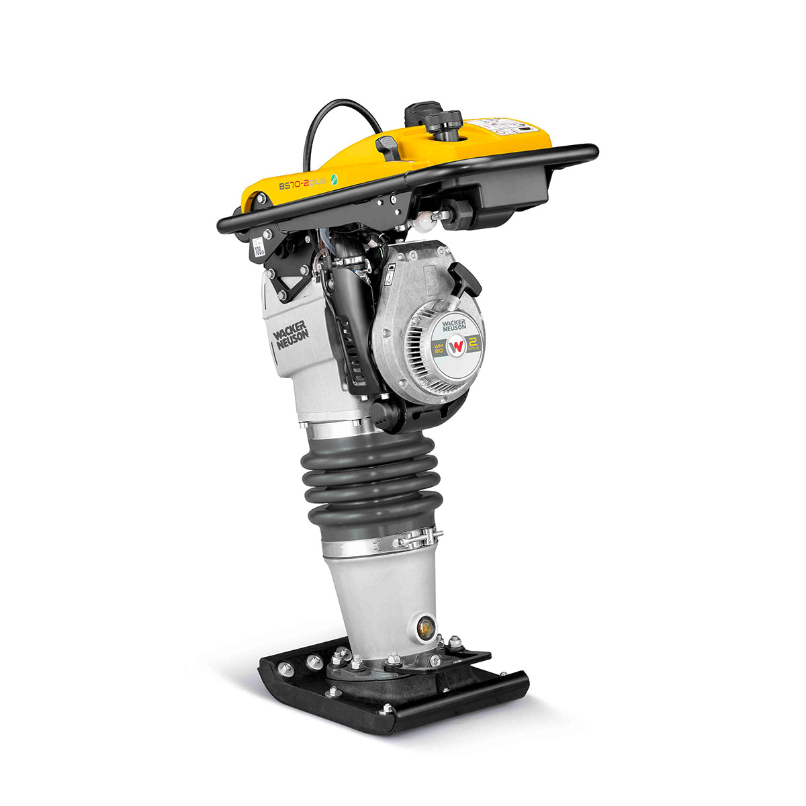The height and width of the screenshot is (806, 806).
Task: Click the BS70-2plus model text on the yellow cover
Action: [302, 183]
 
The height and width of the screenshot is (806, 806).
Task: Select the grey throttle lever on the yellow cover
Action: [388, 146]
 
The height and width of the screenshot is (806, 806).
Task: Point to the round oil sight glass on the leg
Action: [424, 628]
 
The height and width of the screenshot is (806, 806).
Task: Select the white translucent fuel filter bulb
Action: [424, 219]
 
